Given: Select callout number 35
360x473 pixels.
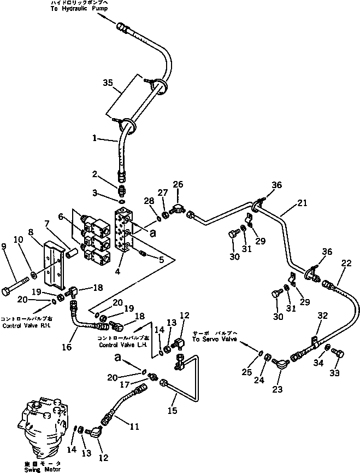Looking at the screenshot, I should pos(108,83).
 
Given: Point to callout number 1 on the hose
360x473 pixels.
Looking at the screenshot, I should pos(95,139).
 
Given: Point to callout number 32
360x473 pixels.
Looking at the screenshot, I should pos(322,315).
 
